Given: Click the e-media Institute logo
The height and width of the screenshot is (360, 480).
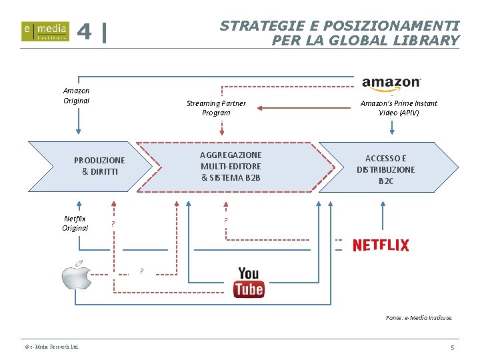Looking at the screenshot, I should [45, 31].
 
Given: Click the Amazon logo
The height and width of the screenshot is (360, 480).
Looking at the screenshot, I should [391, 83].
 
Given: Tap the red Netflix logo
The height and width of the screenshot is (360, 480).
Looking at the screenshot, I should [381, 245].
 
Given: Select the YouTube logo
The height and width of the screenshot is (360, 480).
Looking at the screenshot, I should [249, 282].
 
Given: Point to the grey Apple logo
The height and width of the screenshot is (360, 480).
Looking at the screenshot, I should [77, 275].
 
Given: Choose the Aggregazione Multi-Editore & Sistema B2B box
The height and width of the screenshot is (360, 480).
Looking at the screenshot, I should [231, 167].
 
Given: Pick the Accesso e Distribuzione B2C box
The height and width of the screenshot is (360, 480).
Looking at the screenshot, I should [386, 169].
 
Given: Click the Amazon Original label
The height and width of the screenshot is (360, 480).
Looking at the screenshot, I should [76, 95].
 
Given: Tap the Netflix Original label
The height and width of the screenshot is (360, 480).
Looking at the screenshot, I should [75, 223].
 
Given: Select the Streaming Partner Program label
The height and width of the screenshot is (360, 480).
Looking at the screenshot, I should [216, 108].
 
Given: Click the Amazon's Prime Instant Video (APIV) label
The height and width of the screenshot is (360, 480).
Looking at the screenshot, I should [399, 108].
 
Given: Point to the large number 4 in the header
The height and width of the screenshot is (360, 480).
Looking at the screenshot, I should [85, 32].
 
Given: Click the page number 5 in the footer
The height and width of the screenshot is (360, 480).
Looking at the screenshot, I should [452, 348].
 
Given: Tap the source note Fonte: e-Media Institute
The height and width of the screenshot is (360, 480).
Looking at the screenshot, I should [419, 317].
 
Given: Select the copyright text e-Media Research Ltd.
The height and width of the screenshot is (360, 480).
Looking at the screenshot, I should [52, 347].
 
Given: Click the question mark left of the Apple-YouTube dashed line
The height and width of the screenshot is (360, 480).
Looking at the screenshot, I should [141, 271].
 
